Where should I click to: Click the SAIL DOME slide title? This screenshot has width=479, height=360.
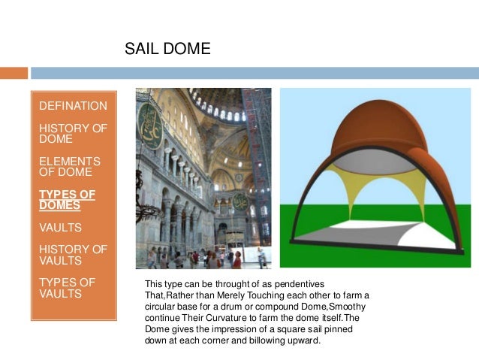tap(167, 50)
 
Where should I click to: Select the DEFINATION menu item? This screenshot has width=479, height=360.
tap(73, 106)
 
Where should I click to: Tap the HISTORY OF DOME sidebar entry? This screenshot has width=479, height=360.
tap(73, 133)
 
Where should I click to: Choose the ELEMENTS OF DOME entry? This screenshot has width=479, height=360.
tap(69, 167)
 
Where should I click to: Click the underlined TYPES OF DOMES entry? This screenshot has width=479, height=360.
tap(67, 200)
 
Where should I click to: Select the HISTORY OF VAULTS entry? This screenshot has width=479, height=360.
tap(73, 255)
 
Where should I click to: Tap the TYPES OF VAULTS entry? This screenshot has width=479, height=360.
tap(67, 288)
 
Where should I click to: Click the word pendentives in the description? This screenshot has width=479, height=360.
tap(316, 284)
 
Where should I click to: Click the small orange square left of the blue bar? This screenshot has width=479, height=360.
tap(14, 73)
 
